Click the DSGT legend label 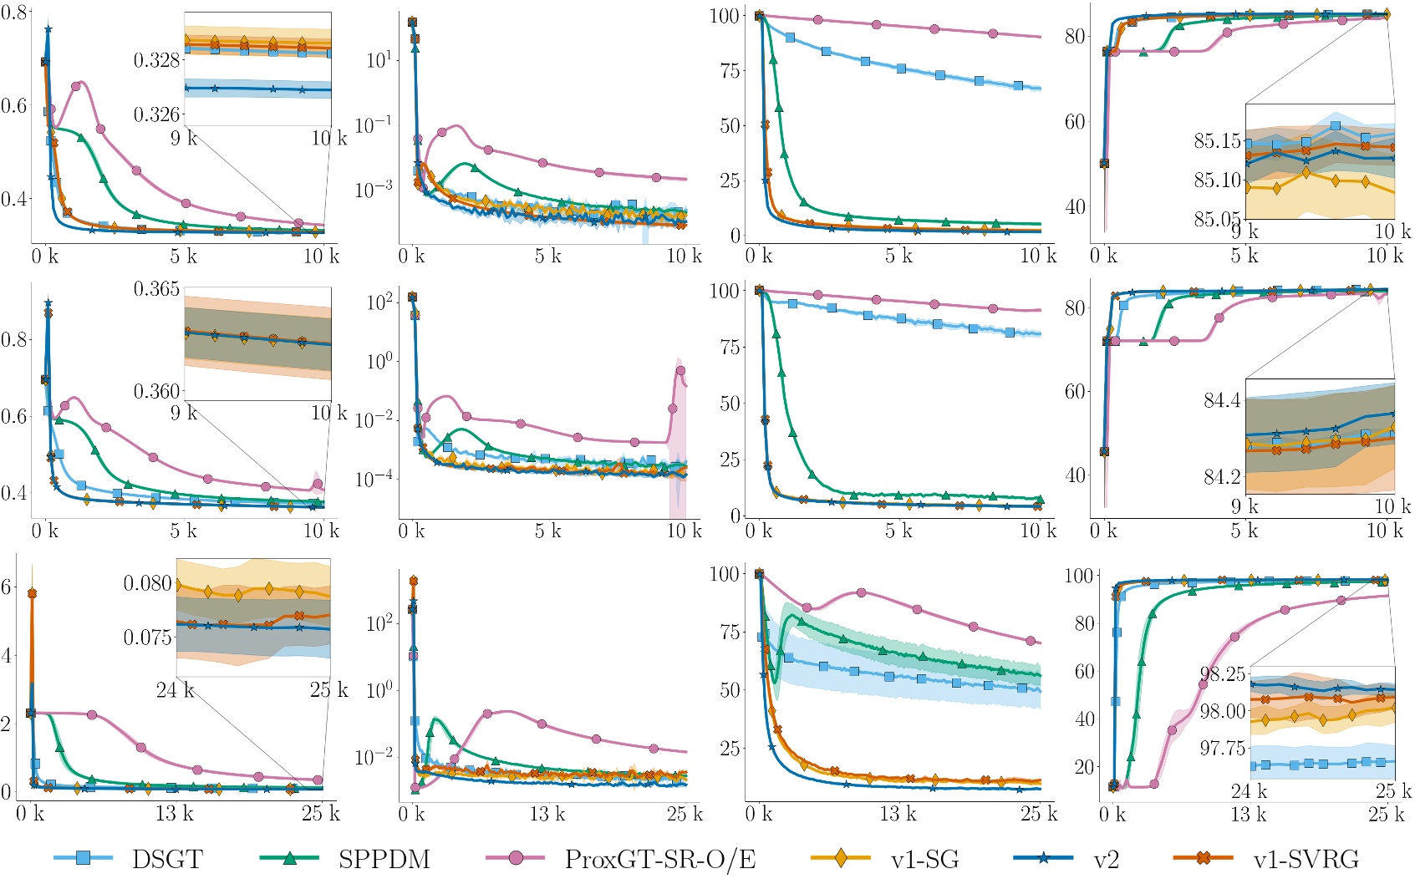(167, 859)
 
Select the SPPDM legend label (384, 859)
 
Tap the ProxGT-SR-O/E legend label (660, 859)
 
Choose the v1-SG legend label (924, 859)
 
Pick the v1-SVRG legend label (1306, 859)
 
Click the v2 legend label (1106, 859)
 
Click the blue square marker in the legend (83, 858)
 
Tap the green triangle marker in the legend (290, 858)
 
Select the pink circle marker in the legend (516, 858)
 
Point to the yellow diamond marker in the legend (841, 858)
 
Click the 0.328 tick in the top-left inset (156, 60)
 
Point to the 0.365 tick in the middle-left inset (156, 289)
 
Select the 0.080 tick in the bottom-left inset (147, 583)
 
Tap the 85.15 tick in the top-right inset (1217, 140)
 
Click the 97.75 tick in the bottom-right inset (1223, 748)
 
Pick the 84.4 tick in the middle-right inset (1222, 400)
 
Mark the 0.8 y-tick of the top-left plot (14, 13)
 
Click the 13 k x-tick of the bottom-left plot (175, 812)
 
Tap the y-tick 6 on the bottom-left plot (7, 587)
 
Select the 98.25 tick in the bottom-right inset (1223, 674)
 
